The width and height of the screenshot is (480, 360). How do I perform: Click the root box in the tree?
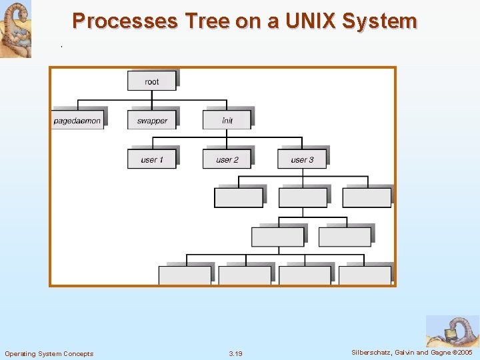[152, 81]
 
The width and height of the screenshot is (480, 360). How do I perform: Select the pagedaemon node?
[77, 120]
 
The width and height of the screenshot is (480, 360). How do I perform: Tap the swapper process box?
[152, 120]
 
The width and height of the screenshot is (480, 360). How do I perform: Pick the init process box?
[227, 120]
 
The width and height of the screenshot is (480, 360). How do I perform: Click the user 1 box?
[152, 159]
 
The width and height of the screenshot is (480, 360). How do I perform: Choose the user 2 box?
[227, 159]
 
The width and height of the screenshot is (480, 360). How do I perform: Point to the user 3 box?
[302, 159]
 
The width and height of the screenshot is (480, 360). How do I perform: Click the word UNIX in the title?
[311, 21]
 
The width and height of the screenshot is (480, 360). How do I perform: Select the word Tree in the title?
[207, 21]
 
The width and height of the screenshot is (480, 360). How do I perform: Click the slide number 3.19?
[235, 353]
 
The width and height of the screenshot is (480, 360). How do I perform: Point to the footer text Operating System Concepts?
[49, 353]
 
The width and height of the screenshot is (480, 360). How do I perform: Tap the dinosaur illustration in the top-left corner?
[15, 28]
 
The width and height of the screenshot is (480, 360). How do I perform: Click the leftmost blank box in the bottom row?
[184, 275]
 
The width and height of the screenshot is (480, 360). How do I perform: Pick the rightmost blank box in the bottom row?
[365, 275]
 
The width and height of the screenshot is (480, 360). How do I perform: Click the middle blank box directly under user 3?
[303, 198]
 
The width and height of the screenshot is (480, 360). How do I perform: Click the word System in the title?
[379, 21]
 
